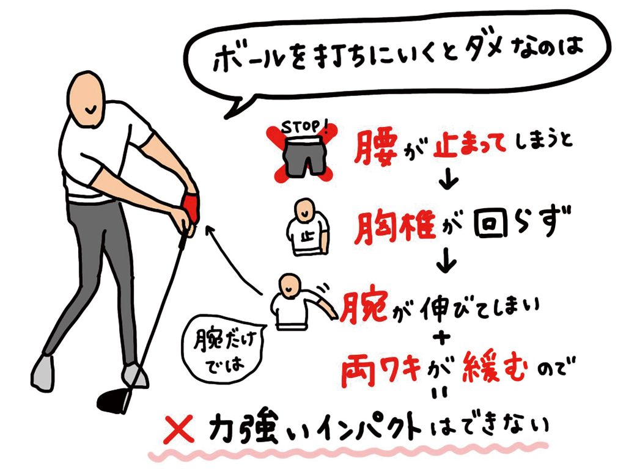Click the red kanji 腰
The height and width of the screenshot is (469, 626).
pos(375,148)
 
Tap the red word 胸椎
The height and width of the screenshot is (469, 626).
pos(394,228)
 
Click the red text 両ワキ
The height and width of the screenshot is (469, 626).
pos(381,369)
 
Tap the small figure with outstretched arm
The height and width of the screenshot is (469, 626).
pos(303,302)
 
